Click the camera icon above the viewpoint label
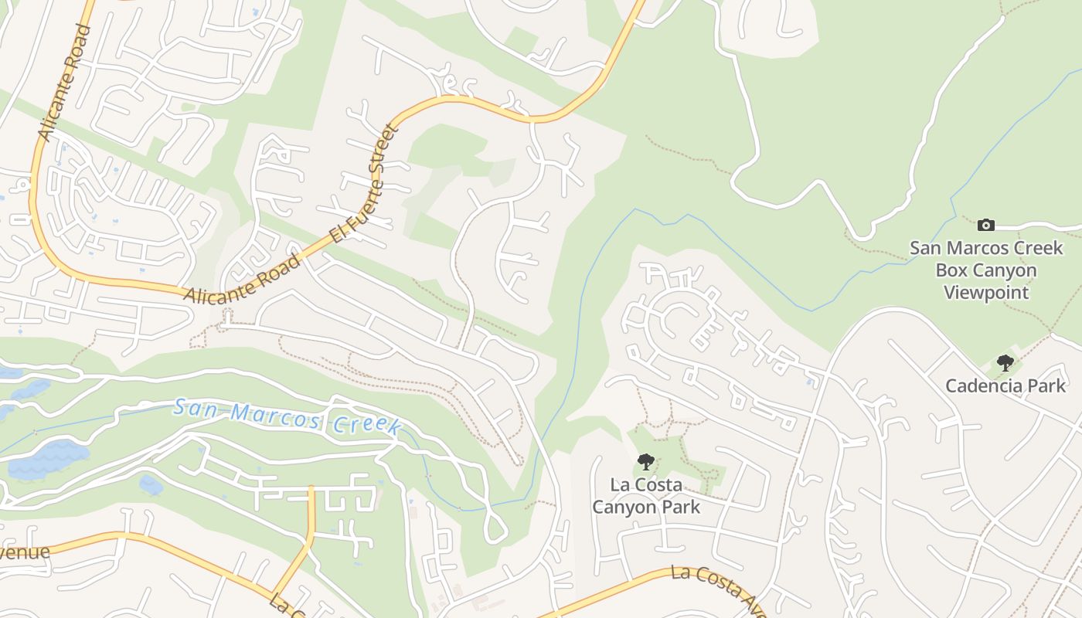986,225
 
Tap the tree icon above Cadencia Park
1005,362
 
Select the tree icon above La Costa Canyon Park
645,462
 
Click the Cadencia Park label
1005,385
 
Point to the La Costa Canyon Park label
646,496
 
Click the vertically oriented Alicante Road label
65,83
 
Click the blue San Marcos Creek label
287,416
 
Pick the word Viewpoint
986,293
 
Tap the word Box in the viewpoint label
952,270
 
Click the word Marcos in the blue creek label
279,416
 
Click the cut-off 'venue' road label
25,552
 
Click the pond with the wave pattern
48,460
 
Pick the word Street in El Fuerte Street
383,153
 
